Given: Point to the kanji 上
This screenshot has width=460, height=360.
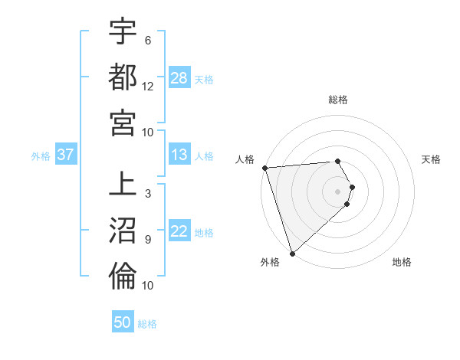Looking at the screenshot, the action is point(122,185).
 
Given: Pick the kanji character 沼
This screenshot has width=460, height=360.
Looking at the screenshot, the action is point(122,230).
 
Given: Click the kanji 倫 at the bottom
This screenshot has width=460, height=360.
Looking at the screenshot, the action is point(122,276).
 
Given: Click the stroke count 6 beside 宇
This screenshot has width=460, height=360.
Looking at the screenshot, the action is point(147,41).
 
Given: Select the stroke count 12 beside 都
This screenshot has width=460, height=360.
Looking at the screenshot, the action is point(148,86).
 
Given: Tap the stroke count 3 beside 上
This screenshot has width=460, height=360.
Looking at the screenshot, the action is point(147,194).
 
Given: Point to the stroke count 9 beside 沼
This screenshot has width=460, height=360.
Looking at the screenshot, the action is point(147,239).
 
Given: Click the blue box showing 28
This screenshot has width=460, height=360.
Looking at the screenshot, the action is point(179,78).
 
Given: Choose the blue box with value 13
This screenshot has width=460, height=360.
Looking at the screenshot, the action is point(179,155).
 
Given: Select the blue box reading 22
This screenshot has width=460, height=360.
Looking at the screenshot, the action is point(179,232).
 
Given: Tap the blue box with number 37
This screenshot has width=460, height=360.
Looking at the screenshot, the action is point(65,155).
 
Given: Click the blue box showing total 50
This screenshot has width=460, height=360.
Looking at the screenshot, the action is point(123,322).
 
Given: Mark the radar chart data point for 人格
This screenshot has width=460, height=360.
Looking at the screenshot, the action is point(264,168).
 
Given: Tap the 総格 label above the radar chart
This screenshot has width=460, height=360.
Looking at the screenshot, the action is point(338,100).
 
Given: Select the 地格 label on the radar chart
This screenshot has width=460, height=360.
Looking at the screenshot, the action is point(402,262).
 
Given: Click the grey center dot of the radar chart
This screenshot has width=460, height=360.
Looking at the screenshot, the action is point(338,191).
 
